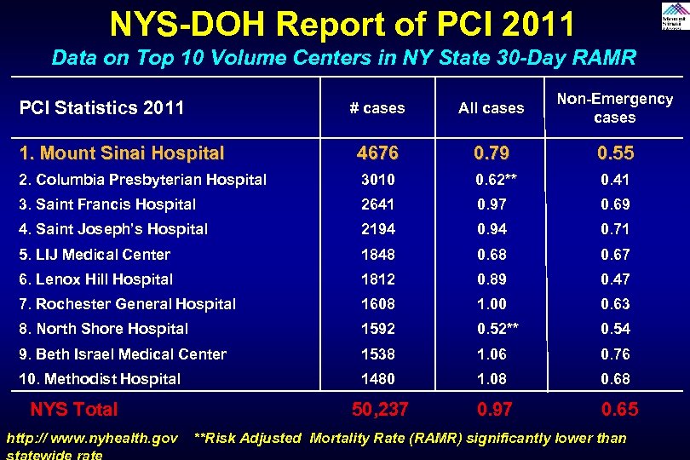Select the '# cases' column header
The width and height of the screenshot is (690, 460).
click(377, 108)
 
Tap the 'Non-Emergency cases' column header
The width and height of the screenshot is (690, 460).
click(614, 108)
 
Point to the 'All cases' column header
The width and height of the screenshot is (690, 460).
click(491, 108)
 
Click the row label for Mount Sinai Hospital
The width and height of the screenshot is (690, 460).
click(122, 154)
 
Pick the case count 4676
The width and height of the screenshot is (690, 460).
click(377, 154)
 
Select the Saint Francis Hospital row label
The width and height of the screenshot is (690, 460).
click(107, 204)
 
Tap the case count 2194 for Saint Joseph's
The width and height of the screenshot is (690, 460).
click(377, 229)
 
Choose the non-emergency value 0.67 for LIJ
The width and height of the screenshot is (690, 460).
click(615, 255)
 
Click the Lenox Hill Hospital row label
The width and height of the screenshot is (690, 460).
click(96, 279)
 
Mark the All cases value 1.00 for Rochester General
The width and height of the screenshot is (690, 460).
click(492, 304)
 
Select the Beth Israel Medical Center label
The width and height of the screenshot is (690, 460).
click(123, 354)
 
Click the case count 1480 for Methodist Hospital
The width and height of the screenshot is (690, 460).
click(377, 379)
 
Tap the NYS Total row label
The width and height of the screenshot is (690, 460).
click(74, 410)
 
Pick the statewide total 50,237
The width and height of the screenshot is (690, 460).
click(380, 410)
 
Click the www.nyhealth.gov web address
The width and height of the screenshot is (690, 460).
click(92, 439)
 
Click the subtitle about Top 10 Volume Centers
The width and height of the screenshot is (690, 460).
click(343, 58)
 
